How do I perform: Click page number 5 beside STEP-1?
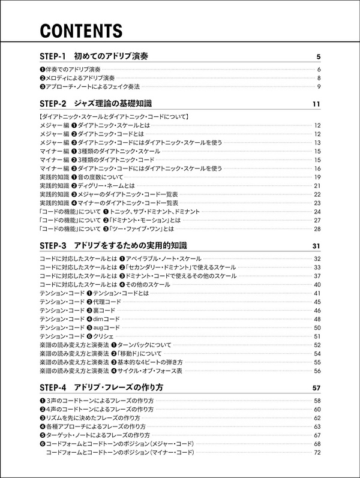(318, 57)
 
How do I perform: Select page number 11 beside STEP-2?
(317, 104)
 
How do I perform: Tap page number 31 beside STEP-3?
(317, 246)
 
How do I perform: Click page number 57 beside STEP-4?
(317, 387)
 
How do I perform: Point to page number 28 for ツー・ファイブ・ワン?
(318, 229)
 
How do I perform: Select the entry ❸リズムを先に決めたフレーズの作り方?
(90, 417)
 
